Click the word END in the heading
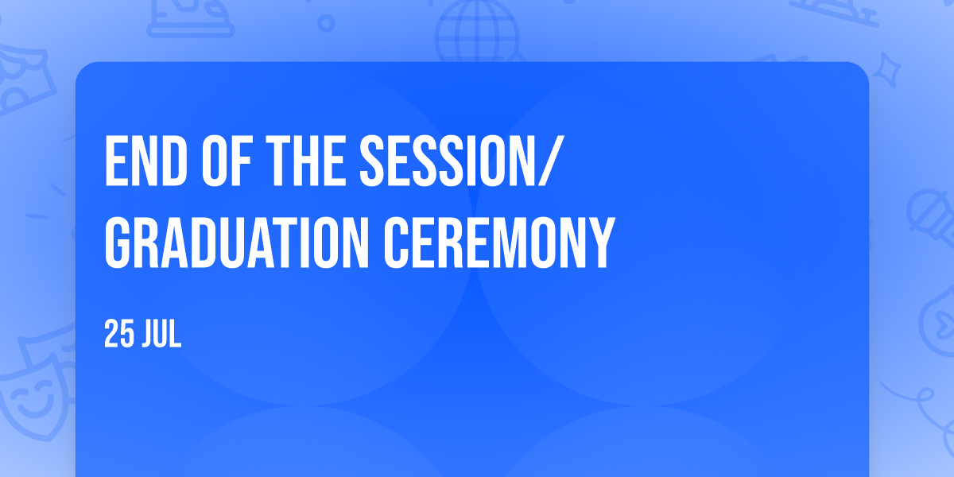tap(145, 161)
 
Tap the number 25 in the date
tap(118, 335)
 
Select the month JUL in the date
tap(161, 335)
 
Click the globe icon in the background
tap(478, 31)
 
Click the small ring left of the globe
tap(326, 23)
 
